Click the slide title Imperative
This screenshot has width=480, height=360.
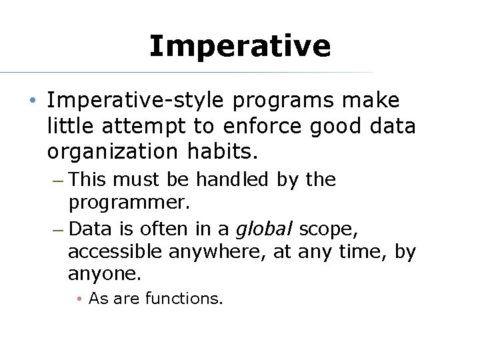click(x=240, y=46)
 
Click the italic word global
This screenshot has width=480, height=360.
click(x=265, y=229)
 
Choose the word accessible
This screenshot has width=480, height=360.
click(x=115, y=252)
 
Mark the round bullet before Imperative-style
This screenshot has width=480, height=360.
click(x=33, y=101)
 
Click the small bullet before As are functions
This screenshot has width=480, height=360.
click(x=79, y=299)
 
